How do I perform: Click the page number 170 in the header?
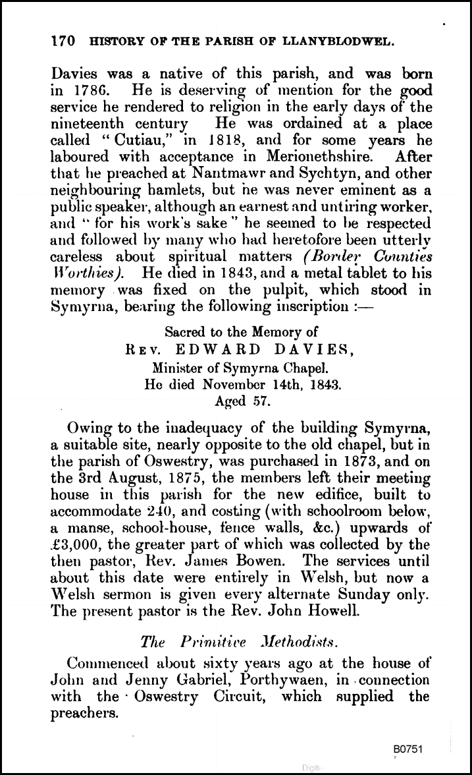[x=62, y=41]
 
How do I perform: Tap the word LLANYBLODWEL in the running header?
[x=344, y=42]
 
